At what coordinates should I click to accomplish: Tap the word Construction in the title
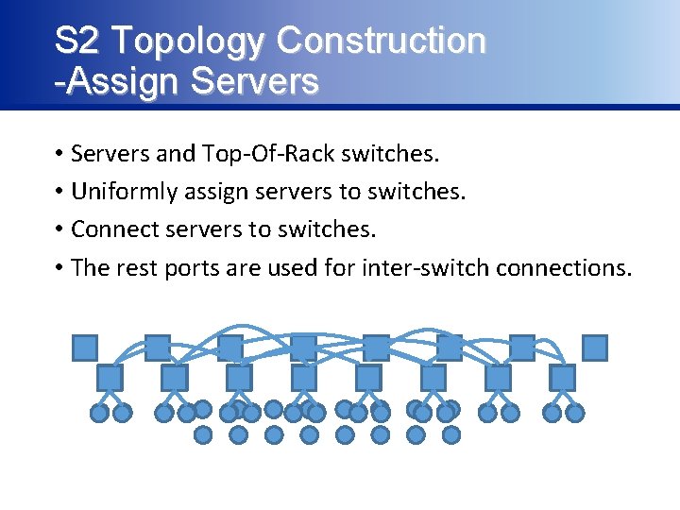click(382, 41)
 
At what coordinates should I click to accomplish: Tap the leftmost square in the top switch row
click(85, 348)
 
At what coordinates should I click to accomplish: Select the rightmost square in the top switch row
click(595, 348)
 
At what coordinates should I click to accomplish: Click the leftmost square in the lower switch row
click(110, 378)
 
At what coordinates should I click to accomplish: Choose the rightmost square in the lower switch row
click(563, 378)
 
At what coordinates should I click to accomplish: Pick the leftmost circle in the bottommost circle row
click(203, 434)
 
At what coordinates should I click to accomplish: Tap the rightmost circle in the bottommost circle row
click(451, 434)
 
